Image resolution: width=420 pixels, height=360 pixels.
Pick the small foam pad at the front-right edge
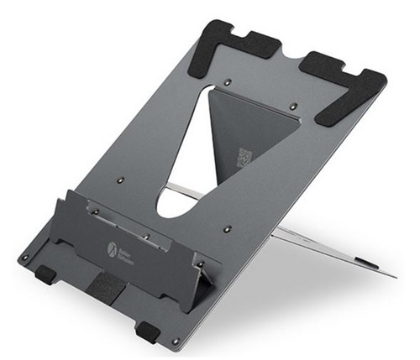pyautogui.click(x=148, y=331)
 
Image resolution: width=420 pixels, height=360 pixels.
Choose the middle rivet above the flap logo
pyautogui.click(x=146, y=237)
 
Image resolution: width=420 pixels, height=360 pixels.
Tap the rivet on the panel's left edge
pyautogui.click(x=120, y=179)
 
